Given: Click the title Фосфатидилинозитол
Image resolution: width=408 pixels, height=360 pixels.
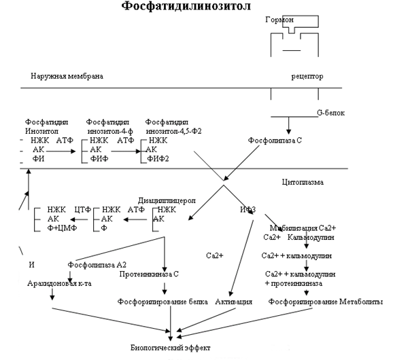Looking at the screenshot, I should (x=186, y=7).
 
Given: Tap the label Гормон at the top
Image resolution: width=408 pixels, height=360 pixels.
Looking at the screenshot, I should (x=279, y=21).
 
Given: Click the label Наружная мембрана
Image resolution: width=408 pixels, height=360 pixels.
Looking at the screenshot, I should (x=67, y=76).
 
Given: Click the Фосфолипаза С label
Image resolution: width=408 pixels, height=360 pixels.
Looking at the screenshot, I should (x=273, y=141).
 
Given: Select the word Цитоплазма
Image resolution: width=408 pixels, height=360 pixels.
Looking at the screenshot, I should (x=303, y=183).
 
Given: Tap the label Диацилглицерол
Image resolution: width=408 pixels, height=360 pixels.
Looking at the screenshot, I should (x=167, y=201).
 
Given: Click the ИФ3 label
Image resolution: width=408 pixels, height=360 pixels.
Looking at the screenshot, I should (x=247, y=209).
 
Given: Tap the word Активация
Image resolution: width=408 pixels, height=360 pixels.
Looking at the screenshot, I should (x=234, y=301).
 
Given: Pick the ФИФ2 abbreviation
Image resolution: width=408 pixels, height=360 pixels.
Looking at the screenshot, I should (x=158, y=159).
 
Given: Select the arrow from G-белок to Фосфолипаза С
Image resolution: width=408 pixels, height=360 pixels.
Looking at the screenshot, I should (x=290, y=124).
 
